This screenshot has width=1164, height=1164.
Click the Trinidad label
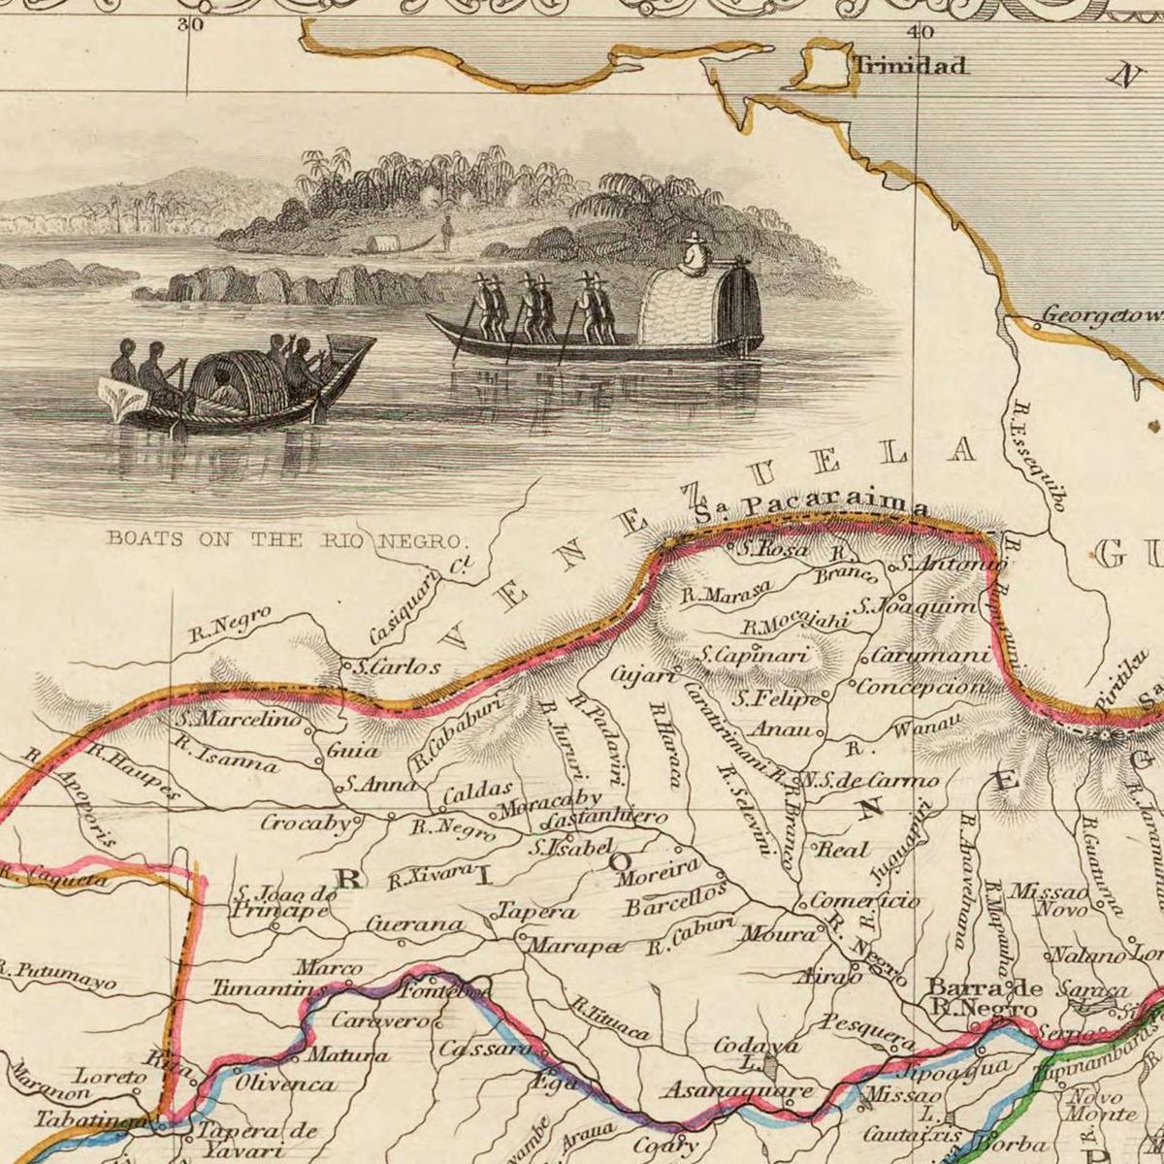tap(910, 66)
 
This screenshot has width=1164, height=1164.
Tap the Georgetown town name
tap(1102, 316)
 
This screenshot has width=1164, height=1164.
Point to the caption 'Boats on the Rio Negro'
tap(287, 539)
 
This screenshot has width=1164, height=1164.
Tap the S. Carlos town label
tap(396, 667)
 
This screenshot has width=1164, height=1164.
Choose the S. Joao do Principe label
tap(284, 903)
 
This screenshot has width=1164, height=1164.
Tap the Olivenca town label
tap(285, 1083)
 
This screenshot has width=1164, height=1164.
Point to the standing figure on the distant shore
tap(447, 232)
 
